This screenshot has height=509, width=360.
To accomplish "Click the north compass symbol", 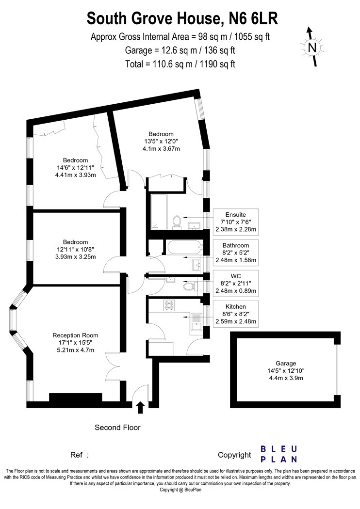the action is [x=312, y=47].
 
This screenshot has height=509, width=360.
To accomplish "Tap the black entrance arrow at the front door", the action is [x=140, y=407].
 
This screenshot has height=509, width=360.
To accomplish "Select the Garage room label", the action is [x=286, y=371].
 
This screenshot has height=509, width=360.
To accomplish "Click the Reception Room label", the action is [x=75, y=342].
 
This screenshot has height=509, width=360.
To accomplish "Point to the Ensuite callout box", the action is [x=236, y=222].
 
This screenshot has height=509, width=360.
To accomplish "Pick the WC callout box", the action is [x=236, y=284].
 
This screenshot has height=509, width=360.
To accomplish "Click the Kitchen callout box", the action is [x=236, y=314].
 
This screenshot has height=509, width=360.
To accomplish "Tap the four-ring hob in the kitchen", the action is [x=169, y=305].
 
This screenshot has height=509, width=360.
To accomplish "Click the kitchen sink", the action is [x=196, y=322].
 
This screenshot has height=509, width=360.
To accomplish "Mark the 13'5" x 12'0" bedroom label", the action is [x=161, y=141].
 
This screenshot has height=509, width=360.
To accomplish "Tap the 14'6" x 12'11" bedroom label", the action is [x=75, y=168].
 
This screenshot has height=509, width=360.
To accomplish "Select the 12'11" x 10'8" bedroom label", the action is [x=75, y=249].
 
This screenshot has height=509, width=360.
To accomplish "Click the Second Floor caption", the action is [x=117, y=428].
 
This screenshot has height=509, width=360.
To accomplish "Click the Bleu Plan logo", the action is [x=279, y=454].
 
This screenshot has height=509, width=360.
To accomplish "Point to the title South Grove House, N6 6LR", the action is [x=182, y=18].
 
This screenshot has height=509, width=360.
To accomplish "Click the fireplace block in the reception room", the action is [x=76, y=398].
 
